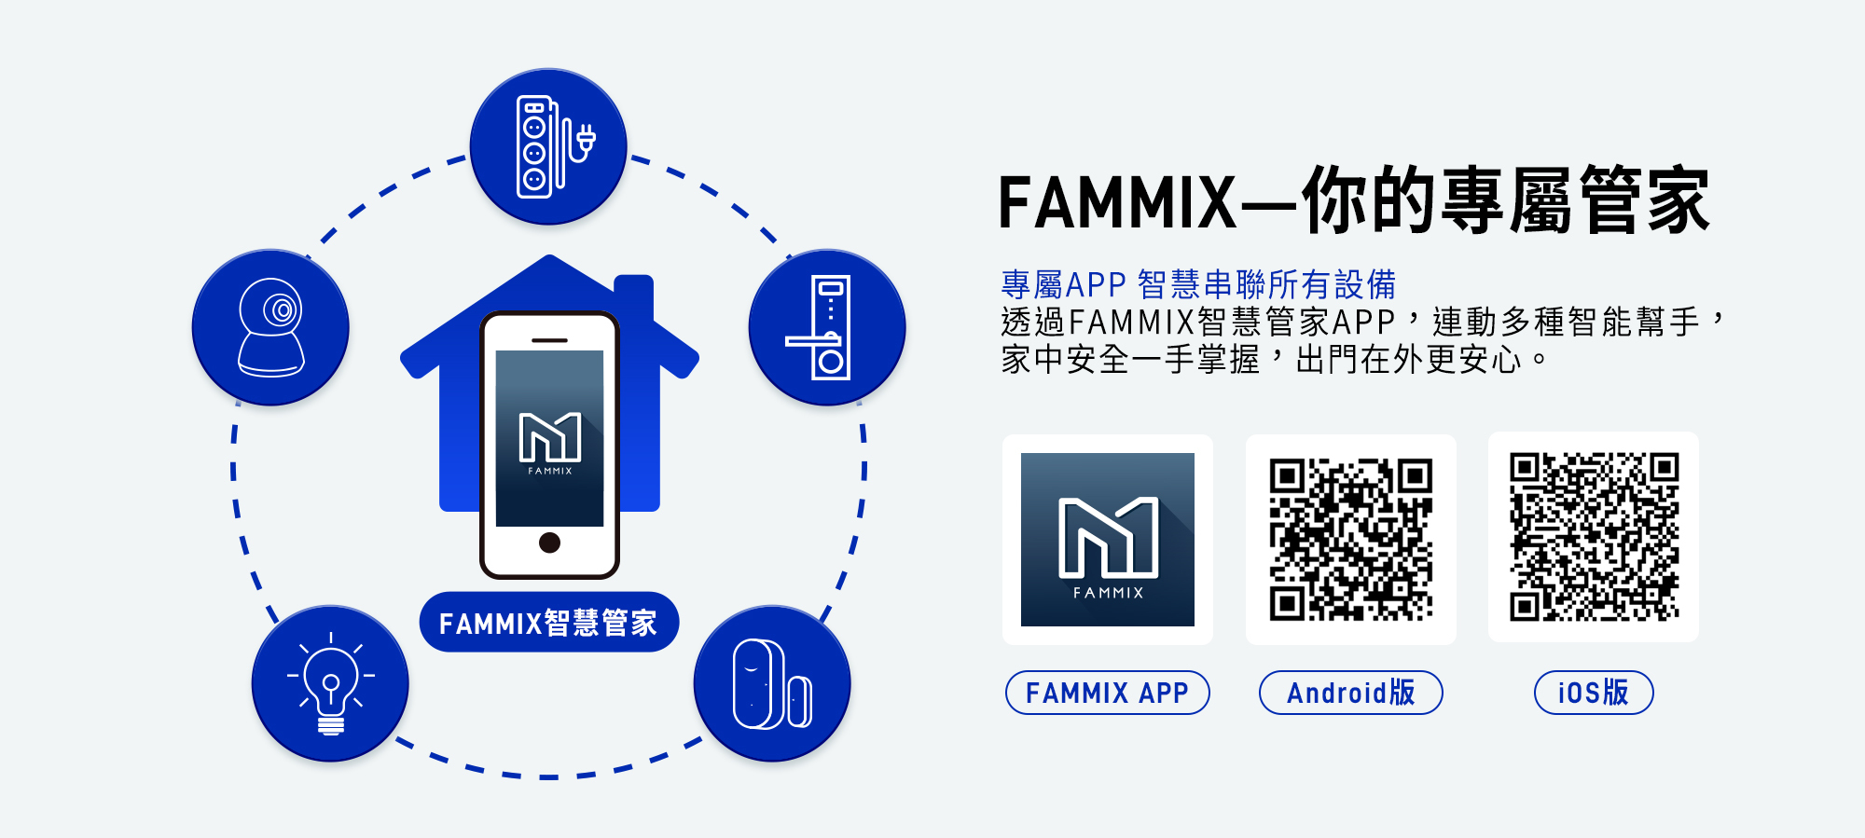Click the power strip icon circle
click(x=547, y=146)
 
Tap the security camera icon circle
click(x=270, y=327)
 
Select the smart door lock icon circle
click(x=826, y=327)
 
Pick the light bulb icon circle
click(x=330, y=683)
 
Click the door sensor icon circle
click(x=772, y=683)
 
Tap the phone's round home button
click(x=549, y=543)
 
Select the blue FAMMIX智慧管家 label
click(x=548, y=622)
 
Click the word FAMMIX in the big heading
click(x=1117, y=202)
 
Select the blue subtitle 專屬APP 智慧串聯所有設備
click(x=1197, y=284)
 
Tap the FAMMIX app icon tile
click(x=1107, y=539)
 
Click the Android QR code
click(x=1350, y=539)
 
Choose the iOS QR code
click(x=1594, y=537)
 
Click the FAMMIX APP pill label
click(x=1107, y=693)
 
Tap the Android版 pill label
click(x=1350, y=693)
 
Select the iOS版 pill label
click(x=1593, y=693)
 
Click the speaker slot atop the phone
click(x=549, y=340)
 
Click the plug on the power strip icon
click(x=586, y=141)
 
